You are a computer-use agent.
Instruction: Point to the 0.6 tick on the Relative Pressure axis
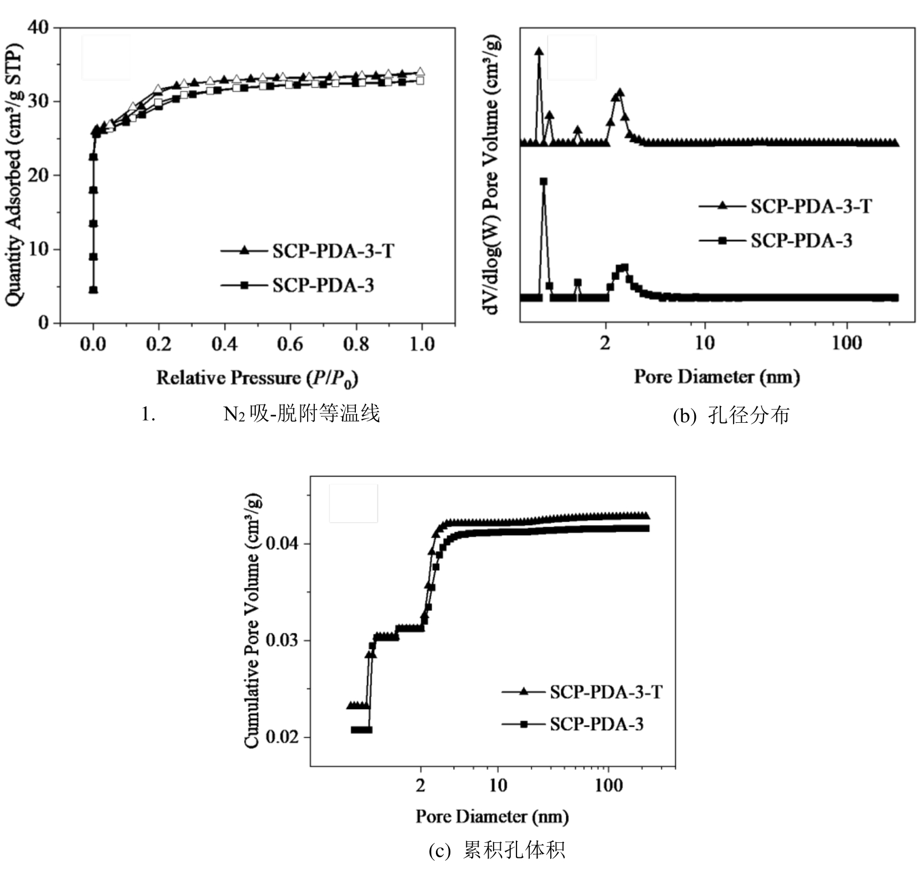point(290,343)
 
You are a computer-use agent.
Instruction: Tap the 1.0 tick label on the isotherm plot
point(421,343)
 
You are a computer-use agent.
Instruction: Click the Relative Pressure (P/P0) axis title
point(257,378)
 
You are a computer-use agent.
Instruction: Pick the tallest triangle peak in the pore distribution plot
point(539,52)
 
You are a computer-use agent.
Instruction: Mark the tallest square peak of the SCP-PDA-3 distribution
point(544,182)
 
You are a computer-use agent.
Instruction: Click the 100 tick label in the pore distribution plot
point(847,343)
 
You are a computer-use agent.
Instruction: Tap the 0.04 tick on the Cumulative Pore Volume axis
point(282,543)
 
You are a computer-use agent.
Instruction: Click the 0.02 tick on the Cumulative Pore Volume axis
point(282,737)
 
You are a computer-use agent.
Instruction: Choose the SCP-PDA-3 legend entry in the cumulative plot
point(596,724)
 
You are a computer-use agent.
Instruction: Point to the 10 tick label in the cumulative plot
point(498,785)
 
